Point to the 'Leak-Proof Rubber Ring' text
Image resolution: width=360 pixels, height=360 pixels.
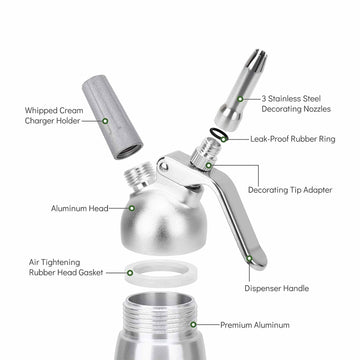298,141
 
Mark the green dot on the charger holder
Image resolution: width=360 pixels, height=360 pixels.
105,119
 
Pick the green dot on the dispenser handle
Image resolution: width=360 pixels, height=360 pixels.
250,260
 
